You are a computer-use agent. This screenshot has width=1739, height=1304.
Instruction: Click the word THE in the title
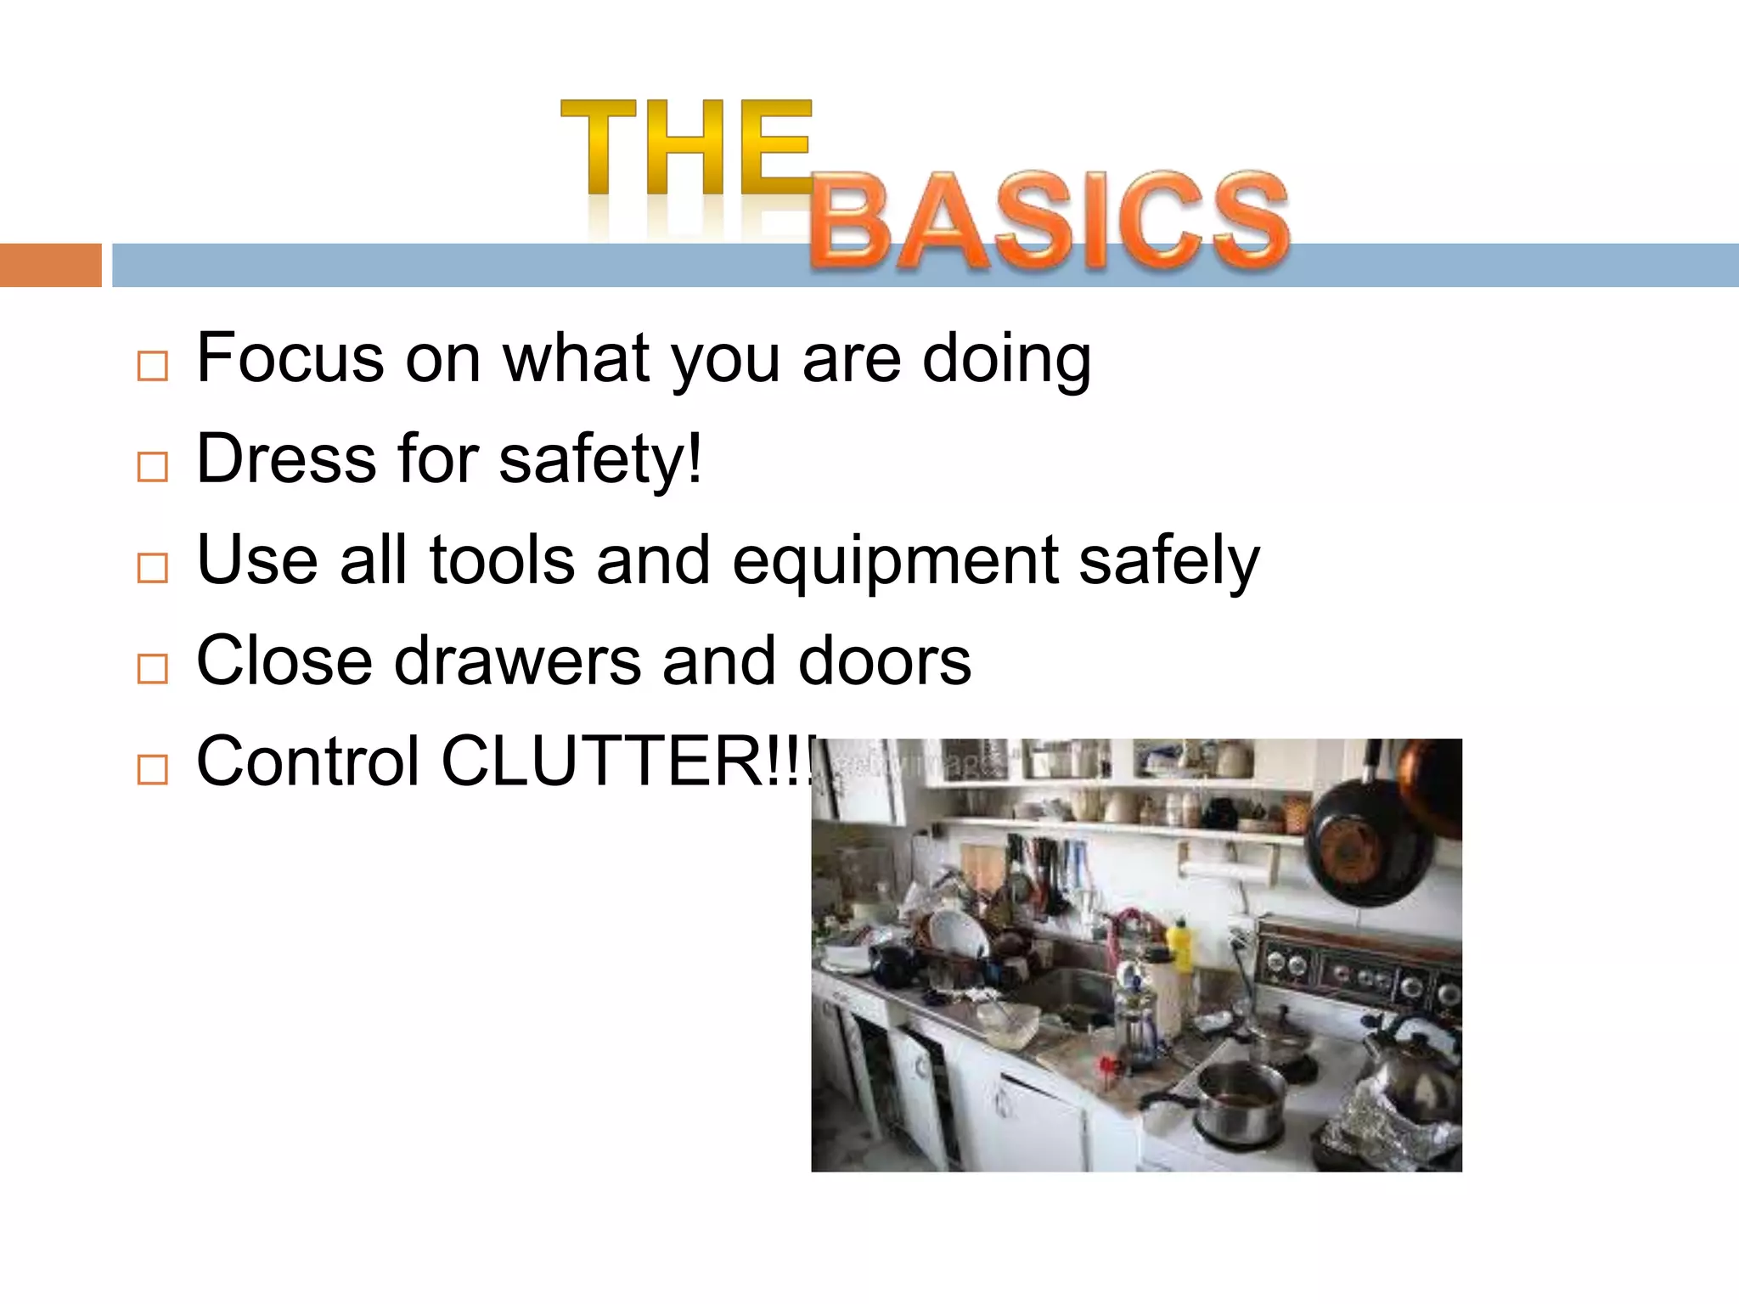tap(686, 148)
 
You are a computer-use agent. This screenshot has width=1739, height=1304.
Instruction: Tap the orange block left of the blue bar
tap(50, 265)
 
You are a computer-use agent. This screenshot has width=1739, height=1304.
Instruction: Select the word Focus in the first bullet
tap(290, 359)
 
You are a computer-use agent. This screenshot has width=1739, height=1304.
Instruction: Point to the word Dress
tap(286, 459)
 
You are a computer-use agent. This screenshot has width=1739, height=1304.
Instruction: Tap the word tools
tap(502, 561)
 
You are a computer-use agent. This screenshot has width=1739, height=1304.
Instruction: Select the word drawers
tap(517, 661)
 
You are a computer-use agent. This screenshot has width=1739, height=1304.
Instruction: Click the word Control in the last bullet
tap(308, 762)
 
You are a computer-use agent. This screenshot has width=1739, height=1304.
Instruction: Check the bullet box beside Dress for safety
tap(153, 467)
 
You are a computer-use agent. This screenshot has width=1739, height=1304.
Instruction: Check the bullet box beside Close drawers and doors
tap(153, 669)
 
